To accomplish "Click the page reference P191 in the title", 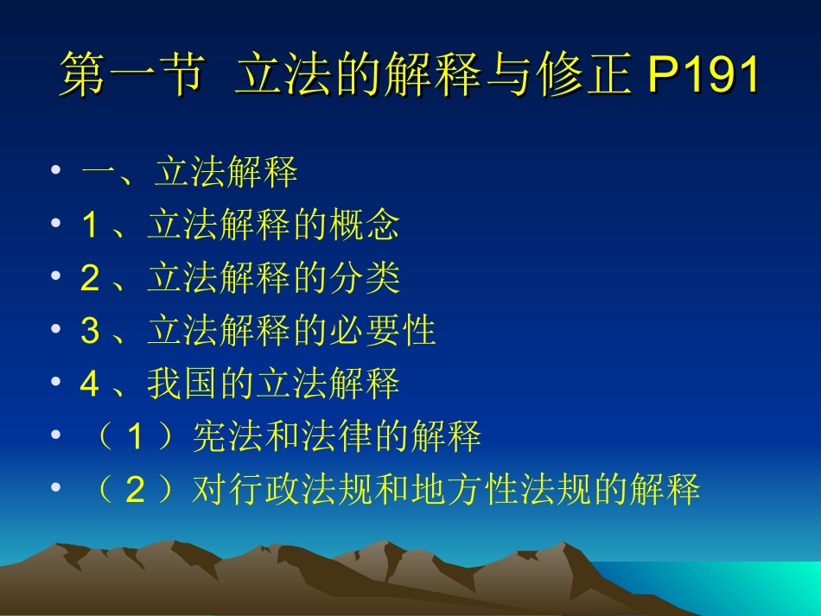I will [703, 76].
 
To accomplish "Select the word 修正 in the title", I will [591, 76].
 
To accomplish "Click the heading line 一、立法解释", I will [189, 173].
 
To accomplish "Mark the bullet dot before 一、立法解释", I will [56, 173].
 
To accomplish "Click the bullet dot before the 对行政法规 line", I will [56, 490].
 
